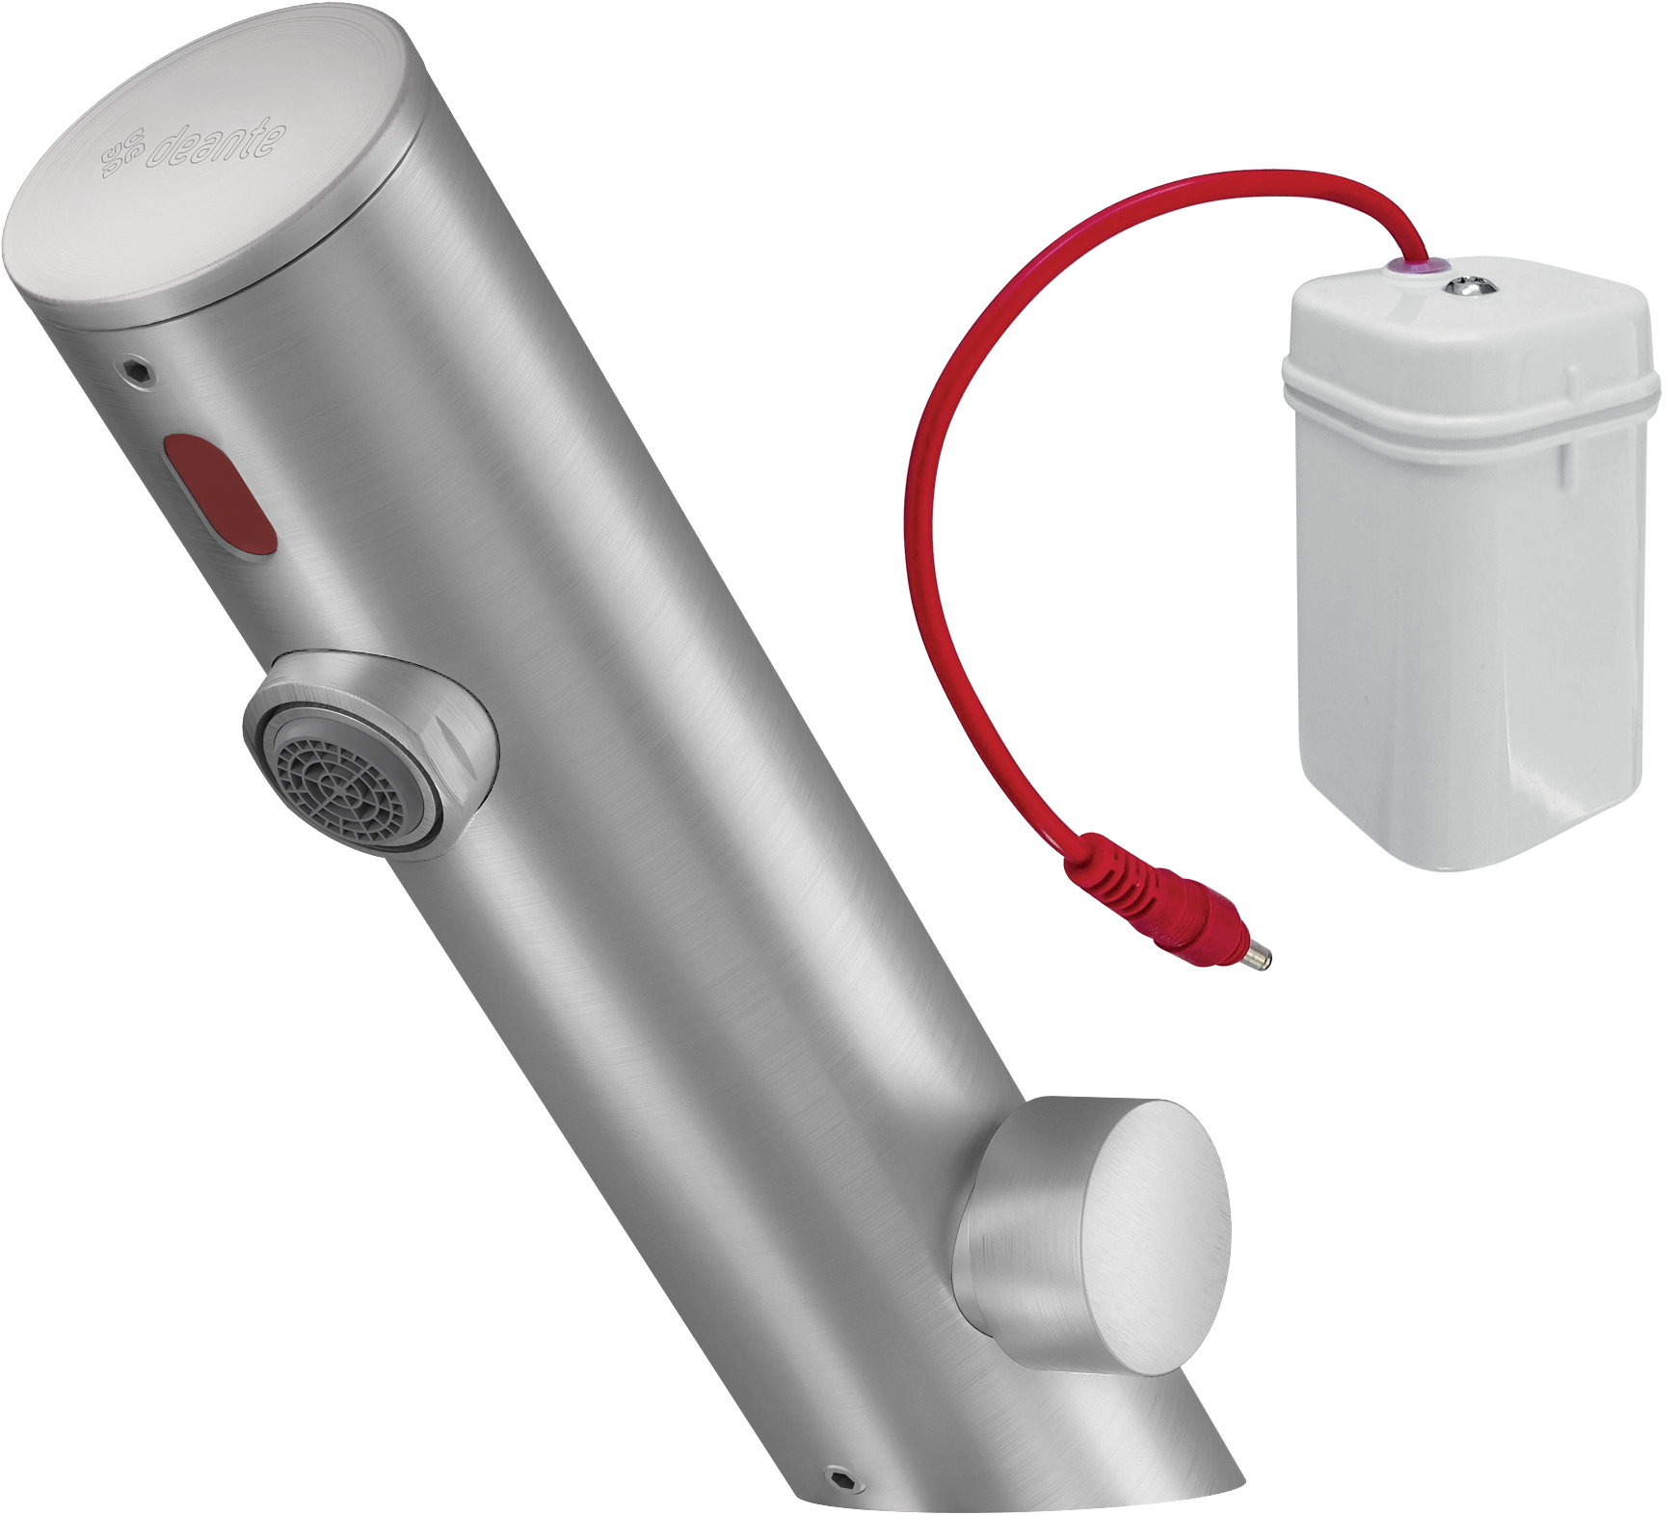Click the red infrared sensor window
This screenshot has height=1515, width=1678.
[219, 494]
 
